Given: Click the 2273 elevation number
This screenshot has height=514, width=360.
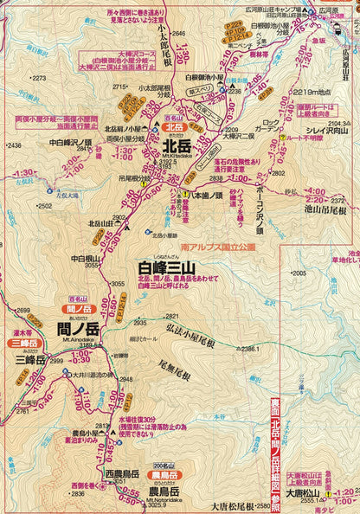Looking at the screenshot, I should point(37,78).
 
